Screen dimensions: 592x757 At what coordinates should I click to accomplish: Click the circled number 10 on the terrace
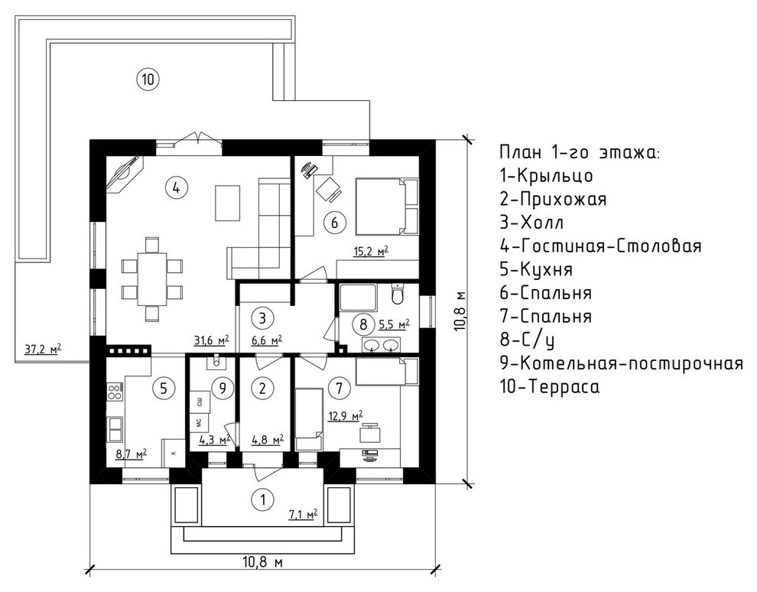148,77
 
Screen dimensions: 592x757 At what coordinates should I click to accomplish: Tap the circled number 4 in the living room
176,187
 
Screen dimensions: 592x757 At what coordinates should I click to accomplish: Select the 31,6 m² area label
212,339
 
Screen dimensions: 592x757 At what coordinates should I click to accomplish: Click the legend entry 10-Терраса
549,386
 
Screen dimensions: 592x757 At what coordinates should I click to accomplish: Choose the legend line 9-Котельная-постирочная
620,363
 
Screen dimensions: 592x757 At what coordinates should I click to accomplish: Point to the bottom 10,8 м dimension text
263,563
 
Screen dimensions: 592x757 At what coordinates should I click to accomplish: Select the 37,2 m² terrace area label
43,350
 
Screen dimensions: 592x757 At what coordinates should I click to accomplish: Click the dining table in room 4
152,278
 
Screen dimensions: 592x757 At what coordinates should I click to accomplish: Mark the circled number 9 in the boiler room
222,388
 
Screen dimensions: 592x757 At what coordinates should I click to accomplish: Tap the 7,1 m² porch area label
301,515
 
